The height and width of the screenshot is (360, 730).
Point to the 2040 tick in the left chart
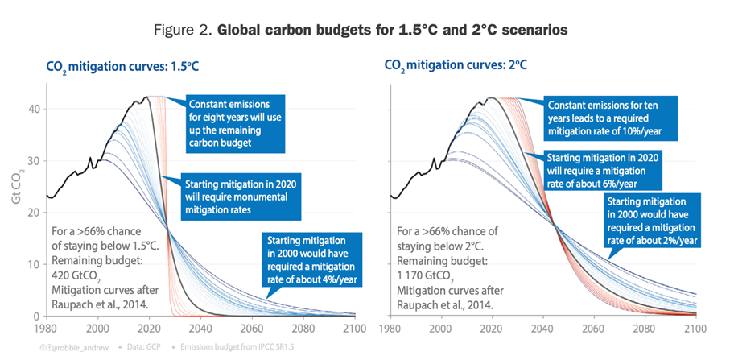point(205,329)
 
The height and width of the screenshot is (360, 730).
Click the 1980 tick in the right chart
point(390,329)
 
